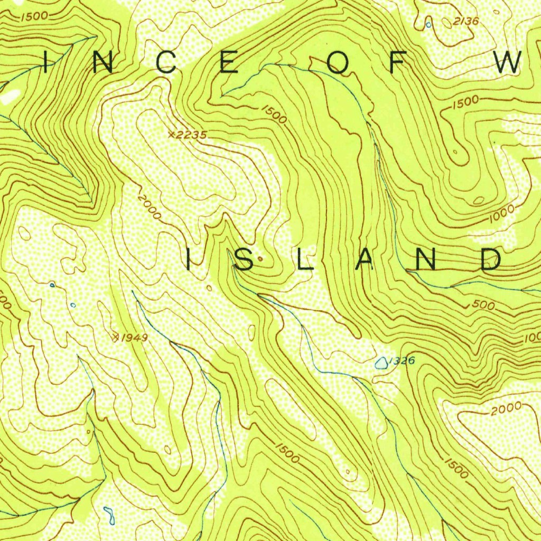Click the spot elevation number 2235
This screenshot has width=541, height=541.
click(191, 135)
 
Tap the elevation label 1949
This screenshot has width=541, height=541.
click(134, 337)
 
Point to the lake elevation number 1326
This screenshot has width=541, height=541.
click(400, 361)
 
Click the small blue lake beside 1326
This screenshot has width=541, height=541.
click(380, 362)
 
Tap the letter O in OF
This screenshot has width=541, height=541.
click(340, 63)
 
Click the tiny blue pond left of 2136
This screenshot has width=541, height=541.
click(428, 24)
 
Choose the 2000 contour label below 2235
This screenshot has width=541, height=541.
click(148, 207)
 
